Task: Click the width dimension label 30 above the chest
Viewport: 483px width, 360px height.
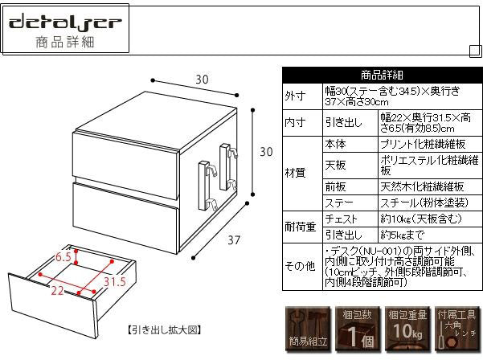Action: [x=202, y=79]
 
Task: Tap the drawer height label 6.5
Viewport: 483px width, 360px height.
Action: [x=64, y=258]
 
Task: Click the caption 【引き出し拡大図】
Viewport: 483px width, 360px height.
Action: [x=164, y=329]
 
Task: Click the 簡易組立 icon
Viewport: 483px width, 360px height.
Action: [x=307, y=329]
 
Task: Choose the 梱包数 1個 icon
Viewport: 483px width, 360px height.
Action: [x=356, y=329]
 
